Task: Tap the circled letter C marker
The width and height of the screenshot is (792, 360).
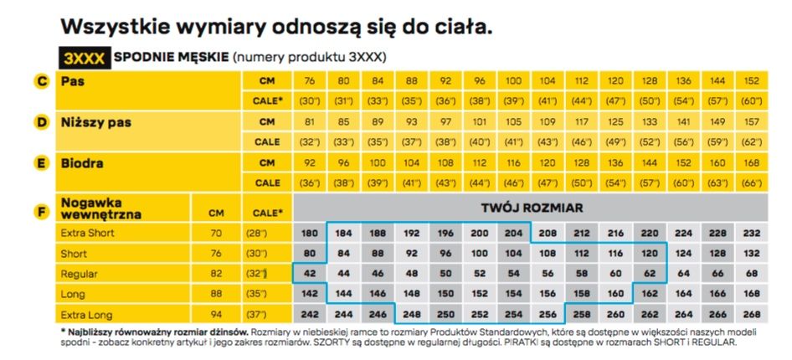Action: pos(40,82)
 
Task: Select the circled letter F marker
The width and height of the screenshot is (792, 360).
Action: pos(40,211)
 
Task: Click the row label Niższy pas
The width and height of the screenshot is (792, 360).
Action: pos(95,122)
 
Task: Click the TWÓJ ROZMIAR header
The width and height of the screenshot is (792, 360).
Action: pos(532,207)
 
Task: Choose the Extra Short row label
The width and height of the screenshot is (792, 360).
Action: pos(87,233)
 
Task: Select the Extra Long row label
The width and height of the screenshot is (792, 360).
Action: pos(85,315)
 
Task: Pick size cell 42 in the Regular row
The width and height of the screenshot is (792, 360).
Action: pos(309,274)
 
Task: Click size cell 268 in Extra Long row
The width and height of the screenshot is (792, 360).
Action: pos(750,315)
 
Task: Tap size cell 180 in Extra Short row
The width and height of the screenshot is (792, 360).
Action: pos(309,233)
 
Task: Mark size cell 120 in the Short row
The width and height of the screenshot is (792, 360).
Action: pos(649,253)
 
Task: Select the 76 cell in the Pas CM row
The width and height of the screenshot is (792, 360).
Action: pos(309,81)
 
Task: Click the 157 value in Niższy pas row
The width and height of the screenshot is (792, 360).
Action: pos(750,122)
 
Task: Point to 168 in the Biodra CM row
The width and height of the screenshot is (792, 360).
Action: pos(750,162)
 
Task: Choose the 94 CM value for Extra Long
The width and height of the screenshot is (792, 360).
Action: pos(216,315)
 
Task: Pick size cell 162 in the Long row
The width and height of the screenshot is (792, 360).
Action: pos(649,294)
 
